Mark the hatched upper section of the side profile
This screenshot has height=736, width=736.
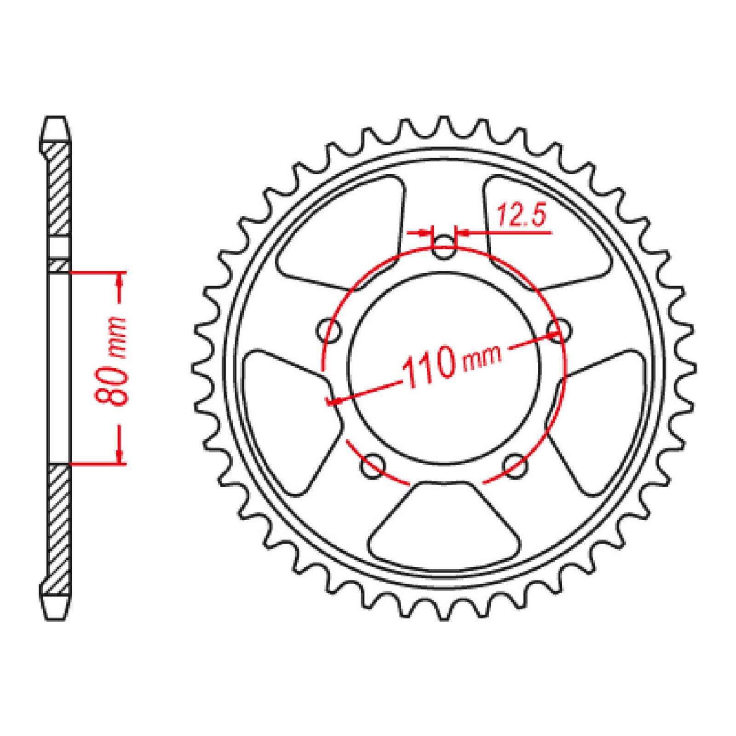tap(59, 193)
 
